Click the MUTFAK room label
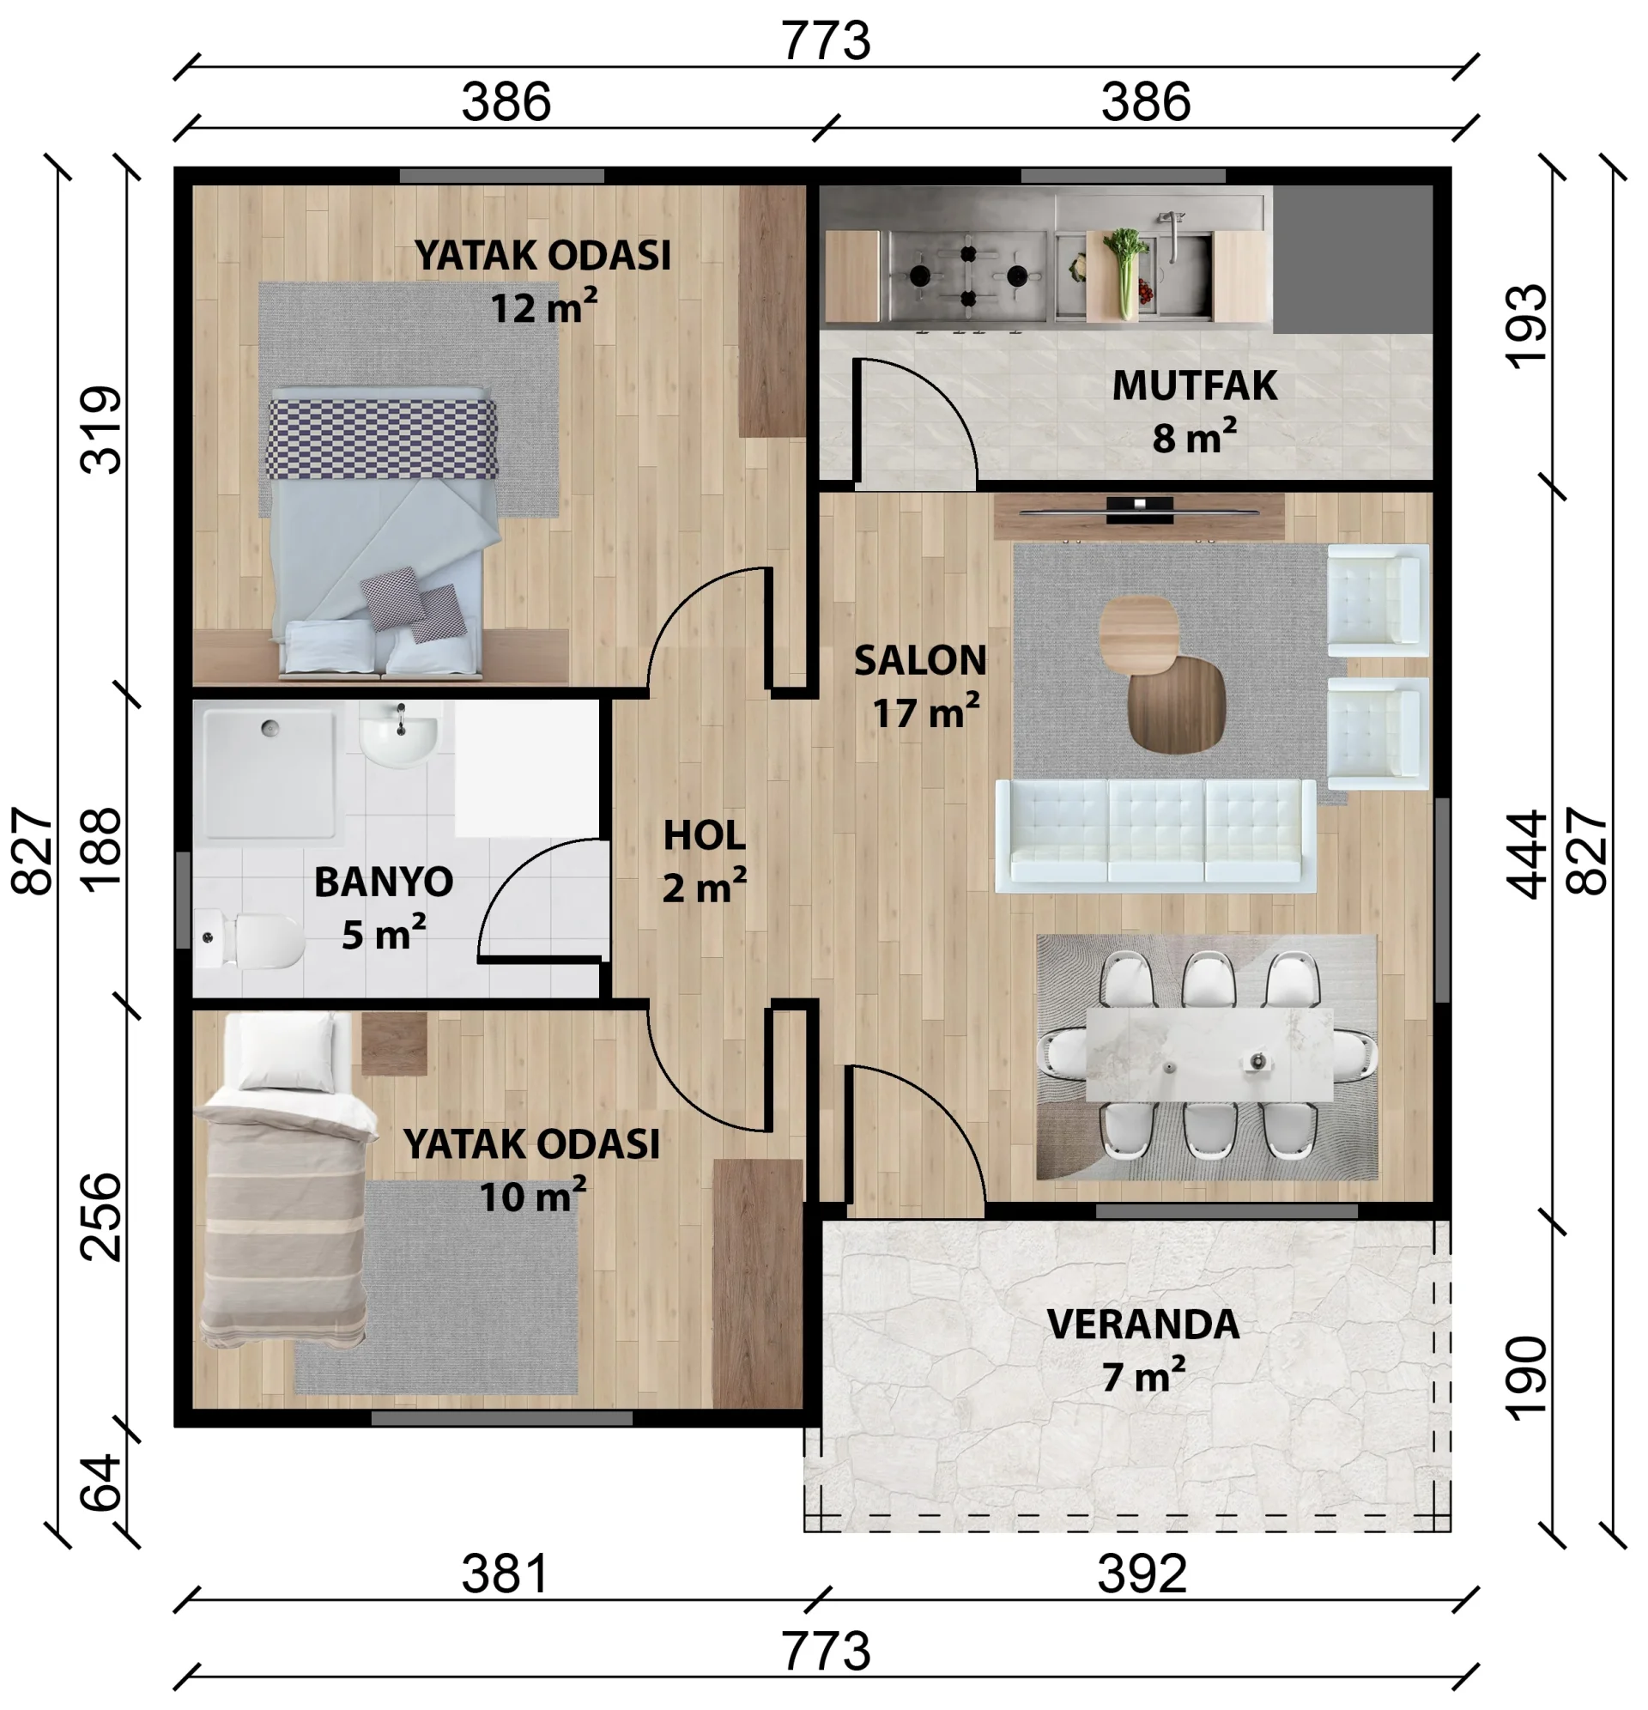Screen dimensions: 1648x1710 pyautogui.click(x=1193, y=385)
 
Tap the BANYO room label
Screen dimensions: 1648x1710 pyautogui.click(x=383, y=882)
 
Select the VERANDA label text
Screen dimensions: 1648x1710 pyautogui.click(x=1142, y=1325)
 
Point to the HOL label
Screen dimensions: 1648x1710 pyautogui.click(x=704, y=836)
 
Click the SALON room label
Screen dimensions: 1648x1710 pyautogui.click(x=920, y=660)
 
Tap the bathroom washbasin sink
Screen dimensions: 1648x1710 pyautogui.click(x=398, y=737)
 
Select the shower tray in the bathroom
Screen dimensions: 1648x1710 pyautogui.click(x=268, y=773)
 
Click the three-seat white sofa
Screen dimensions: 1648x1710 pyautogui.click(x=1155, y=835)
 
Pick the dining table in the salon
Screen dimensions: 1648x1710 pyautogui.click(x=1209, y=1055)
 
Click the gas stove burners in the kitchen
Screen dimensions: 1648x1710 pyautogui.click(x=968, y=276)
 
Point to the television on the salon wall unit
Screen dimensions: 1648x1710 pyautogui.click(x=1139, y=511)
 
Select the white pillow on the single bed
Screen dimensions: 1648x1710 pyautogui.click(x=285, y=1052)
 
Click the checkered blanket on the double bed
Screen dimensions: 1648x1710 pyautogui.click(x=382, y=439)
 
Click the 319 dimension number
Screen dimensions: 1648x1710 pyautogui.click(x=101, y=429)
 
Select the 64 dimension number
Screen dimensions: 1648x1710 pyautogui.click(x=101, y=1483)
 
